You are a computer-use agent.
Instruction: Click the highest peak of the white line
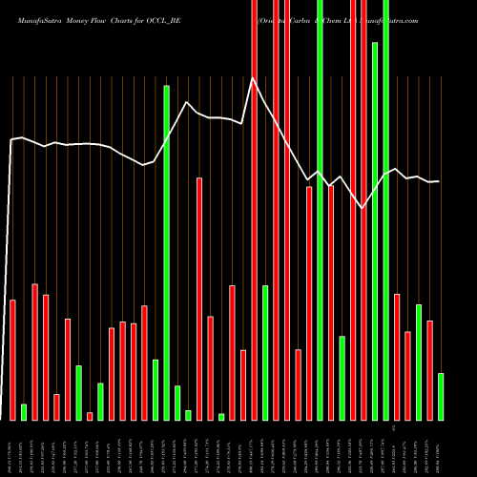coord(253,79)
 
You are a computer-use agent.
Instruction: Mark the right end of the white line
coord(440,181)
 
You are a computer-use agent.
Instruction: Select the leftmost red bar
coord(13,360)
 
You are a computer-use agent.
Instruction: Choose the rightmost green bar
coord(440,396)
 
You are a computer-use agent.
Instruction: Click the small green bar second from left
coord(24,412)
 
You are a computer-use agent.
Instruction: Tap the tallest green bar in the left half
coord(166,253)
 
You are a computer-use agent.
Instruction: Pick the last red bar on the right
coord(429,370)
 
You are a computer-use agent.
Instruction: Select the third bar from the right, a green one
coord(418,362)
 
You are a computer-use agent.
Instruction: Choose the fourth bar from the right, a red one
coord(407,375)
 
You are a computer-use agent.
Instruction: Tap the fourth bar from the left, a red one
coord(46,357)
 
